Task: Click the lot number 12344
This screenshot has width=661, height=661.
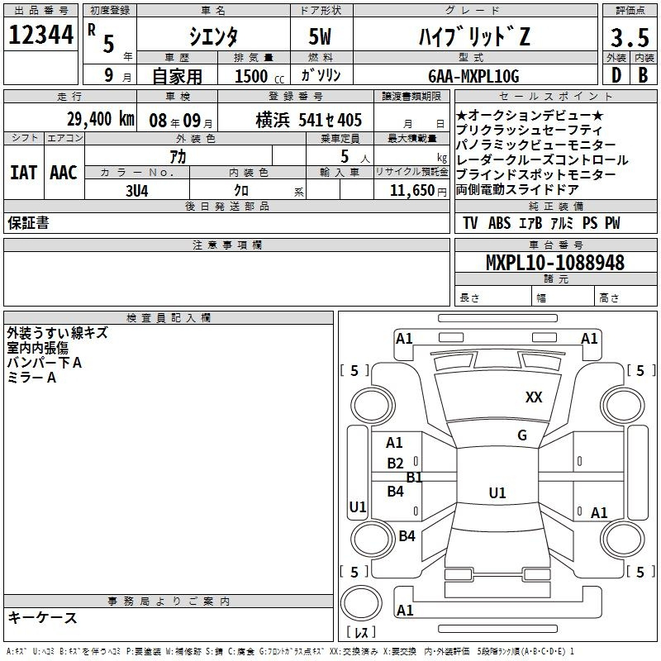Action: [40, 35]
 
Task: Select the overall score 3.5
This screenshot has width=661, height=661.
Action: [630, 37]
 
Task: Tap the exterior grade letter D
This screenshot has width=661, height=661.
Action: [616, 75]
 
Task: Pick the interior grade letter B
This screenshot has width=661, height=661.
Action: [643, 75]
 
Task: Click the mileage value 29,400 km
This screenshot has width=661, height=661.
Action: [101, 119]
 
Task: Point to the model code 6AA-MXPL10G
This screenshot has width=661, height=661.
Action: [473, 76]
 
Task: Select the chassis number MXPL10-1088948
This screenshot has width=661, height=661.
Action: [554, 263]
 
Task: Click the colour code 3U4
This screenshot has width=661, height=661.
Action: [137, 191]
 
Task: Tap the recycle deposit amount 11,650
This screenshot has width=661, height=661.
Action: [411, 191]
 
